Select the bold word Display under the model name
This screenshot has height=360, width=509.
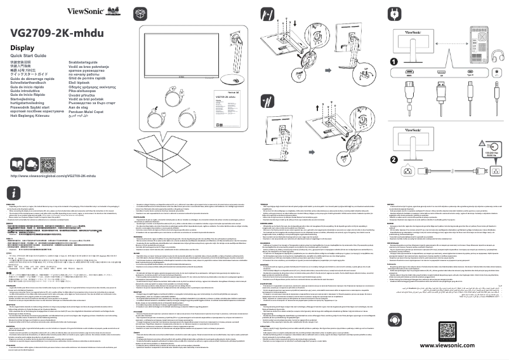pyautogui.click(x=22, y=48)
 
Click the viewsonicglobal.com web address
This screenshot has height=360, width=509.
pyautogui.click(x=53, y=175)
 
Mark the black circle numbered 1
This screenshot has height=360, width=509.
pyautogui.click(x=394, y=62)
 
